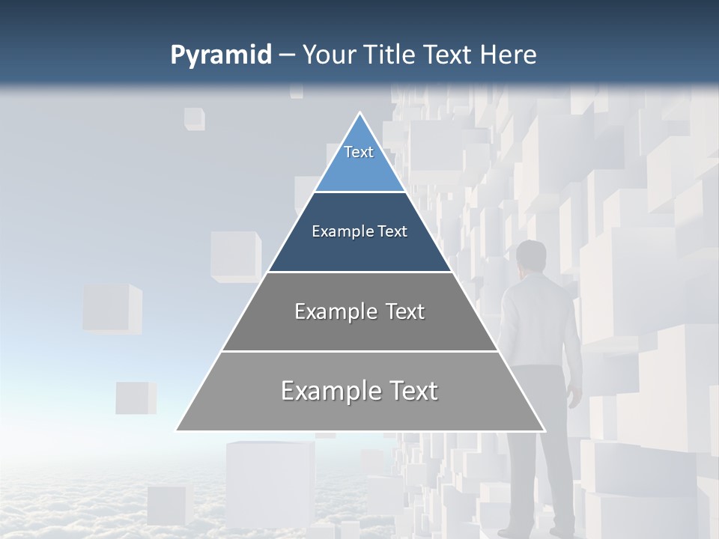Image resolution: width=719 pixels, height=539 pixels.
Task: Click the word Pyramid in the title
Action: point(220,55)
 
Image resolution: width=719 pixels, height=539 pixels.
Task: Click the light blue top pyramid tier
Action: point(359,168)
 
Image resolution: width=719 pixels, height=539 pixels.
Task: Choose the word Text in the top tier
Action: point(359,152)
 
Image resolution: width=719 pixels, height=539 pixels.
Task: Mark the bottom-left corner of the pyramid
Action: point(177,430)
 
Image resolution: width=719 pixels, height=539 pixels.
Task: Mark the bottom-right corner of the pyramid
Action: point(544,430)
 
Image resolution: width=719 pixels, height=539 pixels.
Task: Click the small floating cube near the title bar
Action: point(195,118)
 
